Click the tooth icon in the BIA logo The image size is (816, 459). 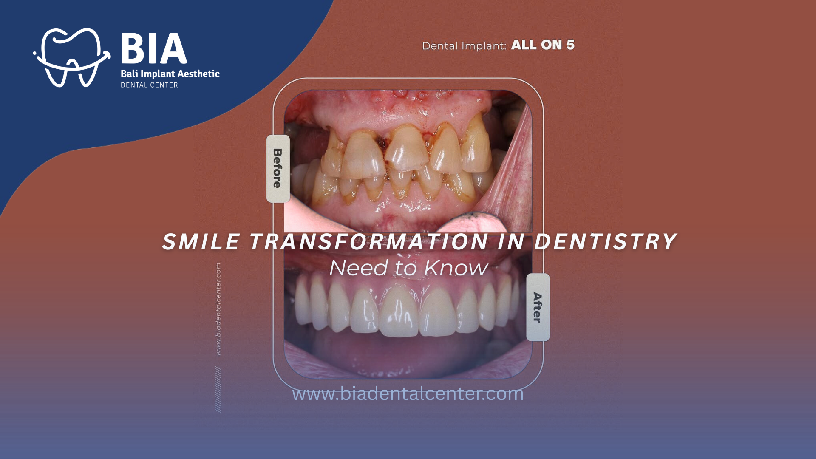pyautogui.click(x=71, y=57)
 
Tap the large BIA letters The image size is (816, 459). pyautogui.click(x=154, y=48)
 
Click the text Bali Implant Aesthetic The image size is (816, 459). pyautogui.click(x=170, y=74)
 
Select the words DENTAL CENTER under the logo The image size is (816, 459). pyautogui.click(x=149, y=85)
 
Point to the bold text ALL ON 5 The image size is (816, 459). pyautogui.click(x=543, y=45)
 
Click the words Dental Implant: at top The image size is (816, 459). pyautogui.click(x=464, y=46)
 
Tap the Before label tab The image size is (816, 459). pyautogui.click(x=278, y=168)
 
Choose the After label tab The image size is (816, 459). pyautogui.click(x=538, y=307)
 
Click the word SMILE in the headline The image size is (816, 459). pyautogui.click(x=201, y=242)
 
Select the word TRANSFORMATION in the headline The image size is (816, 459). pyautogui.click(x=368, y=242)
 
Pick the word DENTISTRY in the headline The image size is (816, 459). pyautogui.click(x=605, y=242)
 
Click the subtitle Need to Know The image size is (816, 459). pyautogui.click(x=409, y=268)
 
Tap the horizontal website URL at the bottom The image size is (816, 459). pyautogui.click(x=408, y=394)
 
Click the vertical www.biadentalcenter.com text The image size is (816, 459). pyautogui.click(x=218, y=309)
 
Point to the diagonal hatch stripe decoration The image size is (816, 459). pyautogui.click(x=218, y=389)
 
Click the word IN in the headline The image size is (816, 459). pyautogui.click(x=511, y=242)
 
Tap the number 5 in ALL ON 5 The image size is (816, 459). pyautogui.click(x=570, y=45)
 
